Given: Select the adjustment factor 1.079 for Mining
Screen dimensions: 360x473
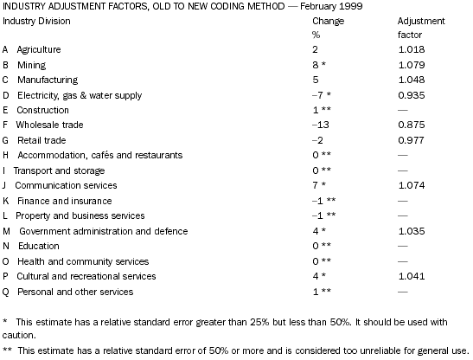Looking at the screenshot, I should pos(411,64).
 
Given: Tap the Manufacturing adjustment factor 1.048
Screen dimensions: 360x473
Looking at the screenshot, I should pos(411,80).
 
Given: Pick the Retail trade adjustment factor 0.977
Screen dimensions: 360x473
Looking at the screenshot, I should pos(411,140).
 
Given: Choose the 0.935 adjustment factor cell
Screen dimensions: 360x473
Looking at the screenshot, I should pos(411,94).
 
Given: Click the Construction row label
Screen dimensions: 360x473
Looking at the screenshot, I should pos(42,110).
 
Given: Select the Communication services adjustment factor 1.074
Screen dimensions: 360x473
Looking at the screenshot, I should pos(411,185).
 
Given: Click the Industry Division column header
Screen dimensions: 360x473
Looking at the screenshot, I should pos(37,19).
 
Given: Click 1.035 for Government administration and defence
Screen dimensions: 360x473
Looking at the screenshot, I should pos(411,231).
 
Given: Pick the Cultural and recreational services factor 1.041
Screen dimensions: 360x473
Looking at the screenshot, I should pos(411,276).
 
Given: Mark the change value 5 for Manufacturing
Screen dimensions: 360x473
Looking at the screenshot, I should pos(316,80).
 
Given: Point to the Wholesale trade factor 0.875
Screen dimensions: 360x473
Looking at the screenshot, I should pos(411,125).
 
